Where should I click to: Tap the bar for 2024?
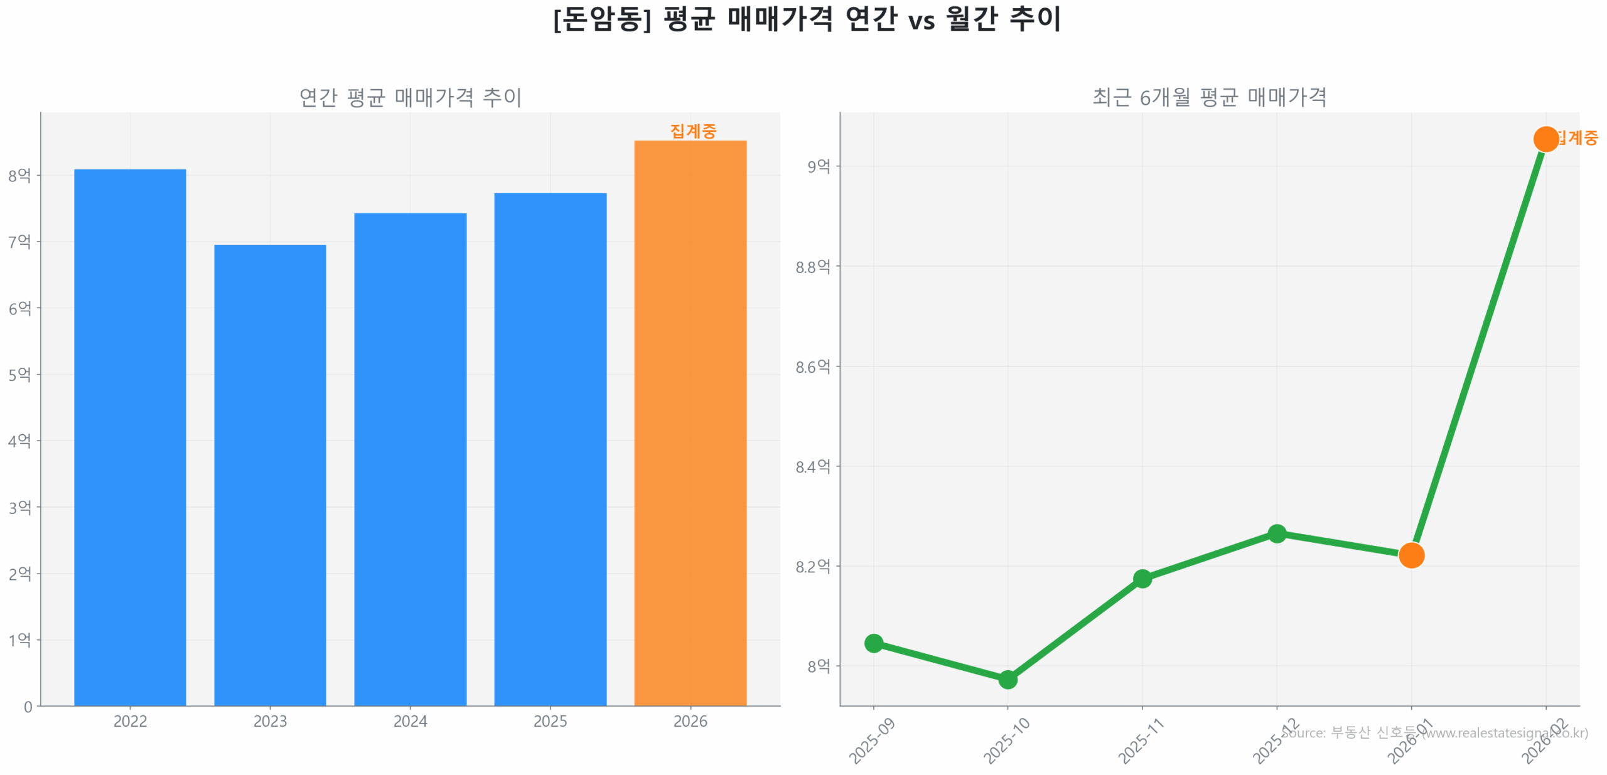coord(410,459)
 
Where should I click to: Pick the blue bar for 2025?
coord(550,449)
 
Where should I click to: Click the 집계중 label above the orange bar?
coord(693,131)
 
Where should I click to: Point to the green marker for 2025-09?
coord(874,643)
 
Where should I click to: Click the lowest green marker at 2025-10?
coord(1008,679)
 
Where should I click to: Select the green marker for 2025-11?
coord(1142,578)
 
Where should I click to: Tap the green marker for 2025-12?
coord(1277,534)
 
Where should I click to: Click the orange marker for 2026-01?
coord(1411,555)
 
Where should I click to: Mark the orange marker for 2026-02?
coord(1545,139)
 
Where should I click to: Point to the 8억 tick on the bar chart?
coord(19,175)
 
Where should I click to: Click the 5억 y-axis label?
coord(19,375)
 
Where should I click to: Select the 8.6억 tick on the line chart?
coord(813,366)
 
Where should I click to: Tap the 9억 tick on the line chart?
coord(819,166)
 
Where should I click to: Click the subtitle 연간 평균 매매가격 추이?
coord(410,97)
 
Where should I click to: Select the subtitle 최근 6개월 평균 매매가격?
coord(1209,97)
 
